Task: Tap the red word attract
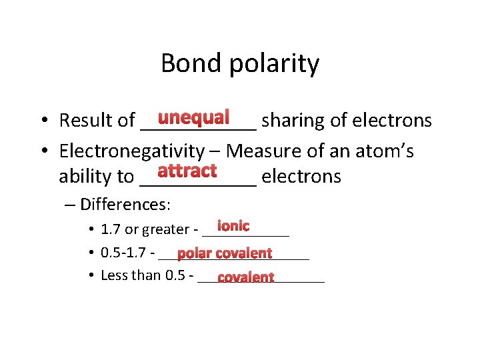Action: point(187,171)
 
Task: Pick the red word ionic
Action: point(233,226)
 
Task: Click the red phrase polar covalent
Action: point(225,253)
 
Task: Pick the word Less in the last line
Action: point(113,275)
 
